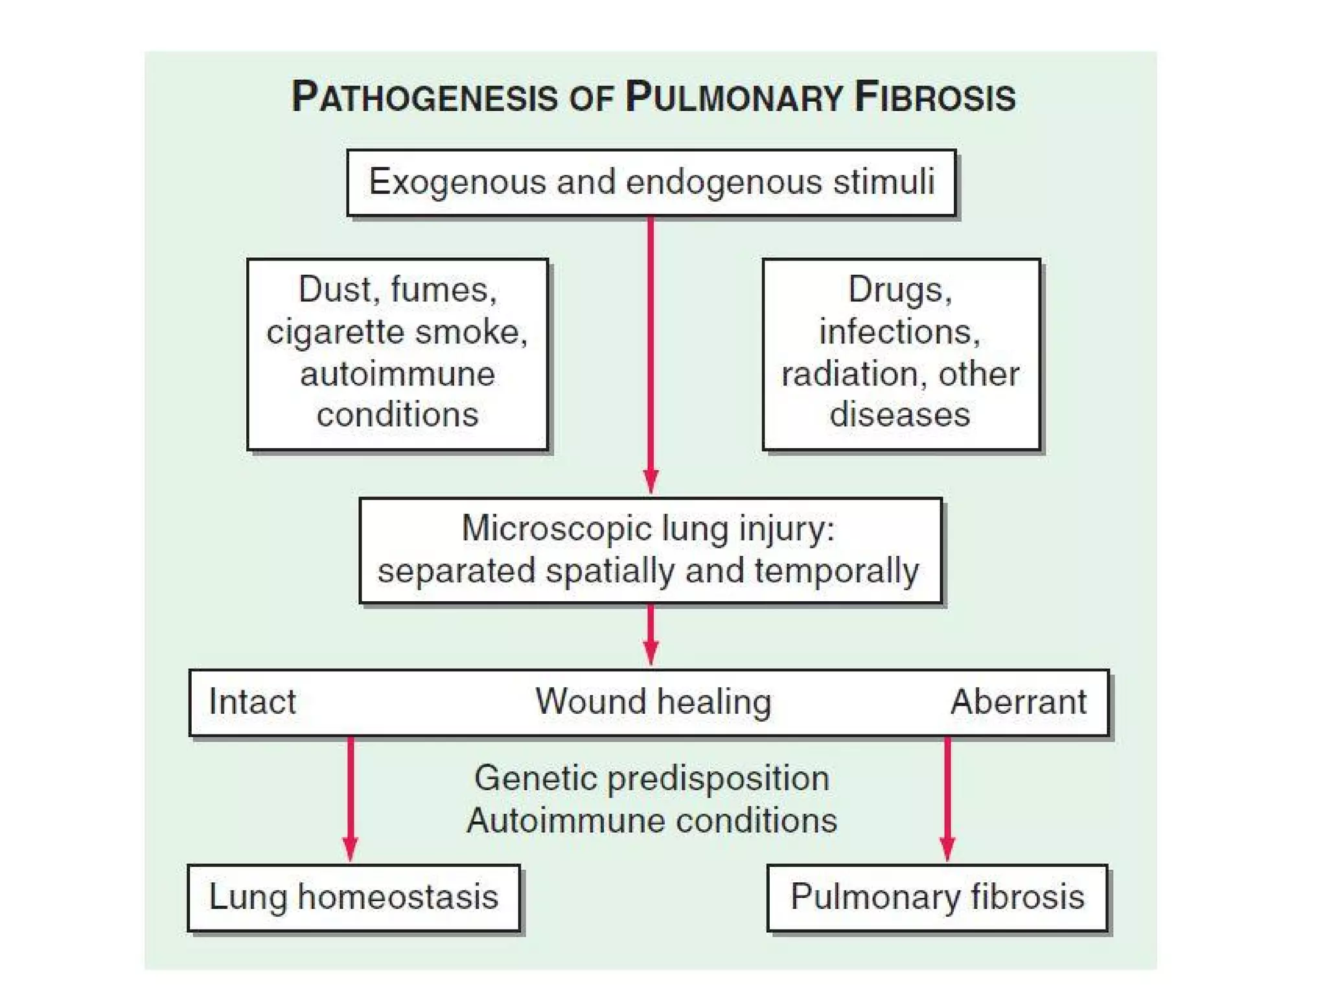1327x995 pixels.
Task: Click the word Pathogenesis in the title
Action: tap(424, 97)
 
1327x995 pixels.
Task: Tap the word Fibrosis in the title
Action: tap(934, 97)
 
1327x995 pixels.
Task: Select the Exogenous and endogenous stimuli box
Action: tap(651, 182)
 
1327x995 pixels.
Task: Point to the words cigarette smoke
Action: tap(397, 332)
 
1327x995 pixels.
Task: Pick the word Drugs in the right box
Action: tap(899, 289)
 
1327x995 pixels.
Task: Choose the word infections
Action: tap(899, 332)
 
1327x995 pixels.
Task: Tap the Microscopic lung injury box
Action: tap(650, 550)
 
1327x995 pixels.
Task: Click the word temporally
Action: tap(836, 571)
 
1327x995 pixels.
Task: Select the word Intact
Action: tap(252, 702)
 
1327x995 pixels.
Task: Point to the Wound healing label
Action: tap(653, 702)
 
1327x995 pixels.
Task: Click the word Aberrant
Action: tap(1018, 702)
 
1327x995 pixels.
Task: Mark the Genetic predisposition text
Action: tap(651, 778)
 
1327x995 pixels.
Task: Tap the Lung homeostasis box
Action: tap(353, 897)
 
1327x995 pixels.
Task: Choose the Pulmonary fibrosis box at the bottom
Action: tap(937, 897)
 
